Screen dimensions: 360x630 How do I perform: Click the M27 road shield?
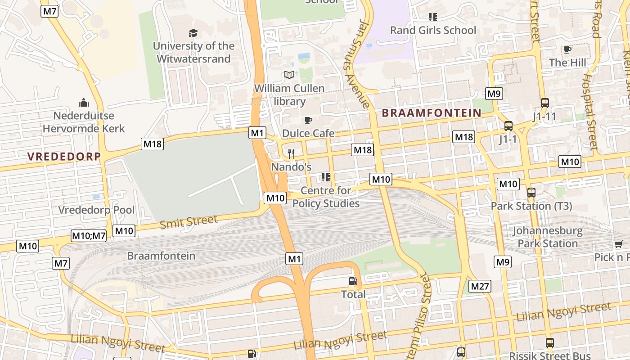coord(480,286)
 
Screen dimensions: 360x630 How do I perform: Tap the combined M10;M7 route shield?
coord(89,235)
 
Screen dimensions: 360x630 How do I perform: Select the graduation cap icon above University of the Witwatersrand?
coord(193,33)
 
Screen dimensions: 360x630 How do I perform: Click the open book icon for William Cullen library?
coord(289,75)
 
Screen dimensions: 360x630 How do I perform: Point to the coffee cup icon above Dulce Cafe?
coord(308,120)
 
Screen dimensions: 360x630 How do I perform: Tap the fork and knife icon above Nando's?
coord(291,154)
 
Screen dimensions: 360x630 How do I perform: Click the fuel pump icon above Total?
coord(353,282)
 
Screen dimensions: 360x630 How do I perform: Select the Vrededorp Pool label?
coord(96,210)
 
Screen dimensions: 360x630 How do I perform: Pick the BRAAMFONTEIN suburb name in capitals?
coord(432,113)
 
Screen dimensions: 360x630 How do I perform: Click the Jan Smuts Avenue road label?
coord(356,63)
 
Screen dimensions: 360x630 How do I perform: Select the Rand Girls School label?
coord(433,30)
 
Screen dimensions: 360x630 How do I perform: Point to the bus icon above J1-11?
coord(544,103)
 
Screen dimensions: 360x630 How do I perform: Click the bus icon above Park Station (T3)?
coord(531,193)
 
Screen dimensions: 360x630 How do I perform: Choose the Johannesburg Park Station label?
coord(548,237)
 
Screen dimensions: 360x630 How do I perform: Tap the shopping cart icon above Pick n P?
coord(619,244)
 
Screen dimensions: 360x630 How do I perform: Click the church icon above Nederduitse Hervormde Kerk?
coord(83,103)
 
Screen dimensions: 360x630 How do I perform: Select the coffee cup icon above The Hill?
coord(567,49)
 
